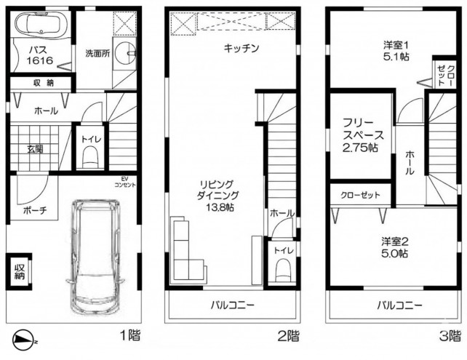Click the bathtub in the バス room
(x=39, y=27)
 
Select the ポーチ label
(x=35, y=211)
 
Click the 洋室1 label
(x=396, y=47)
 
